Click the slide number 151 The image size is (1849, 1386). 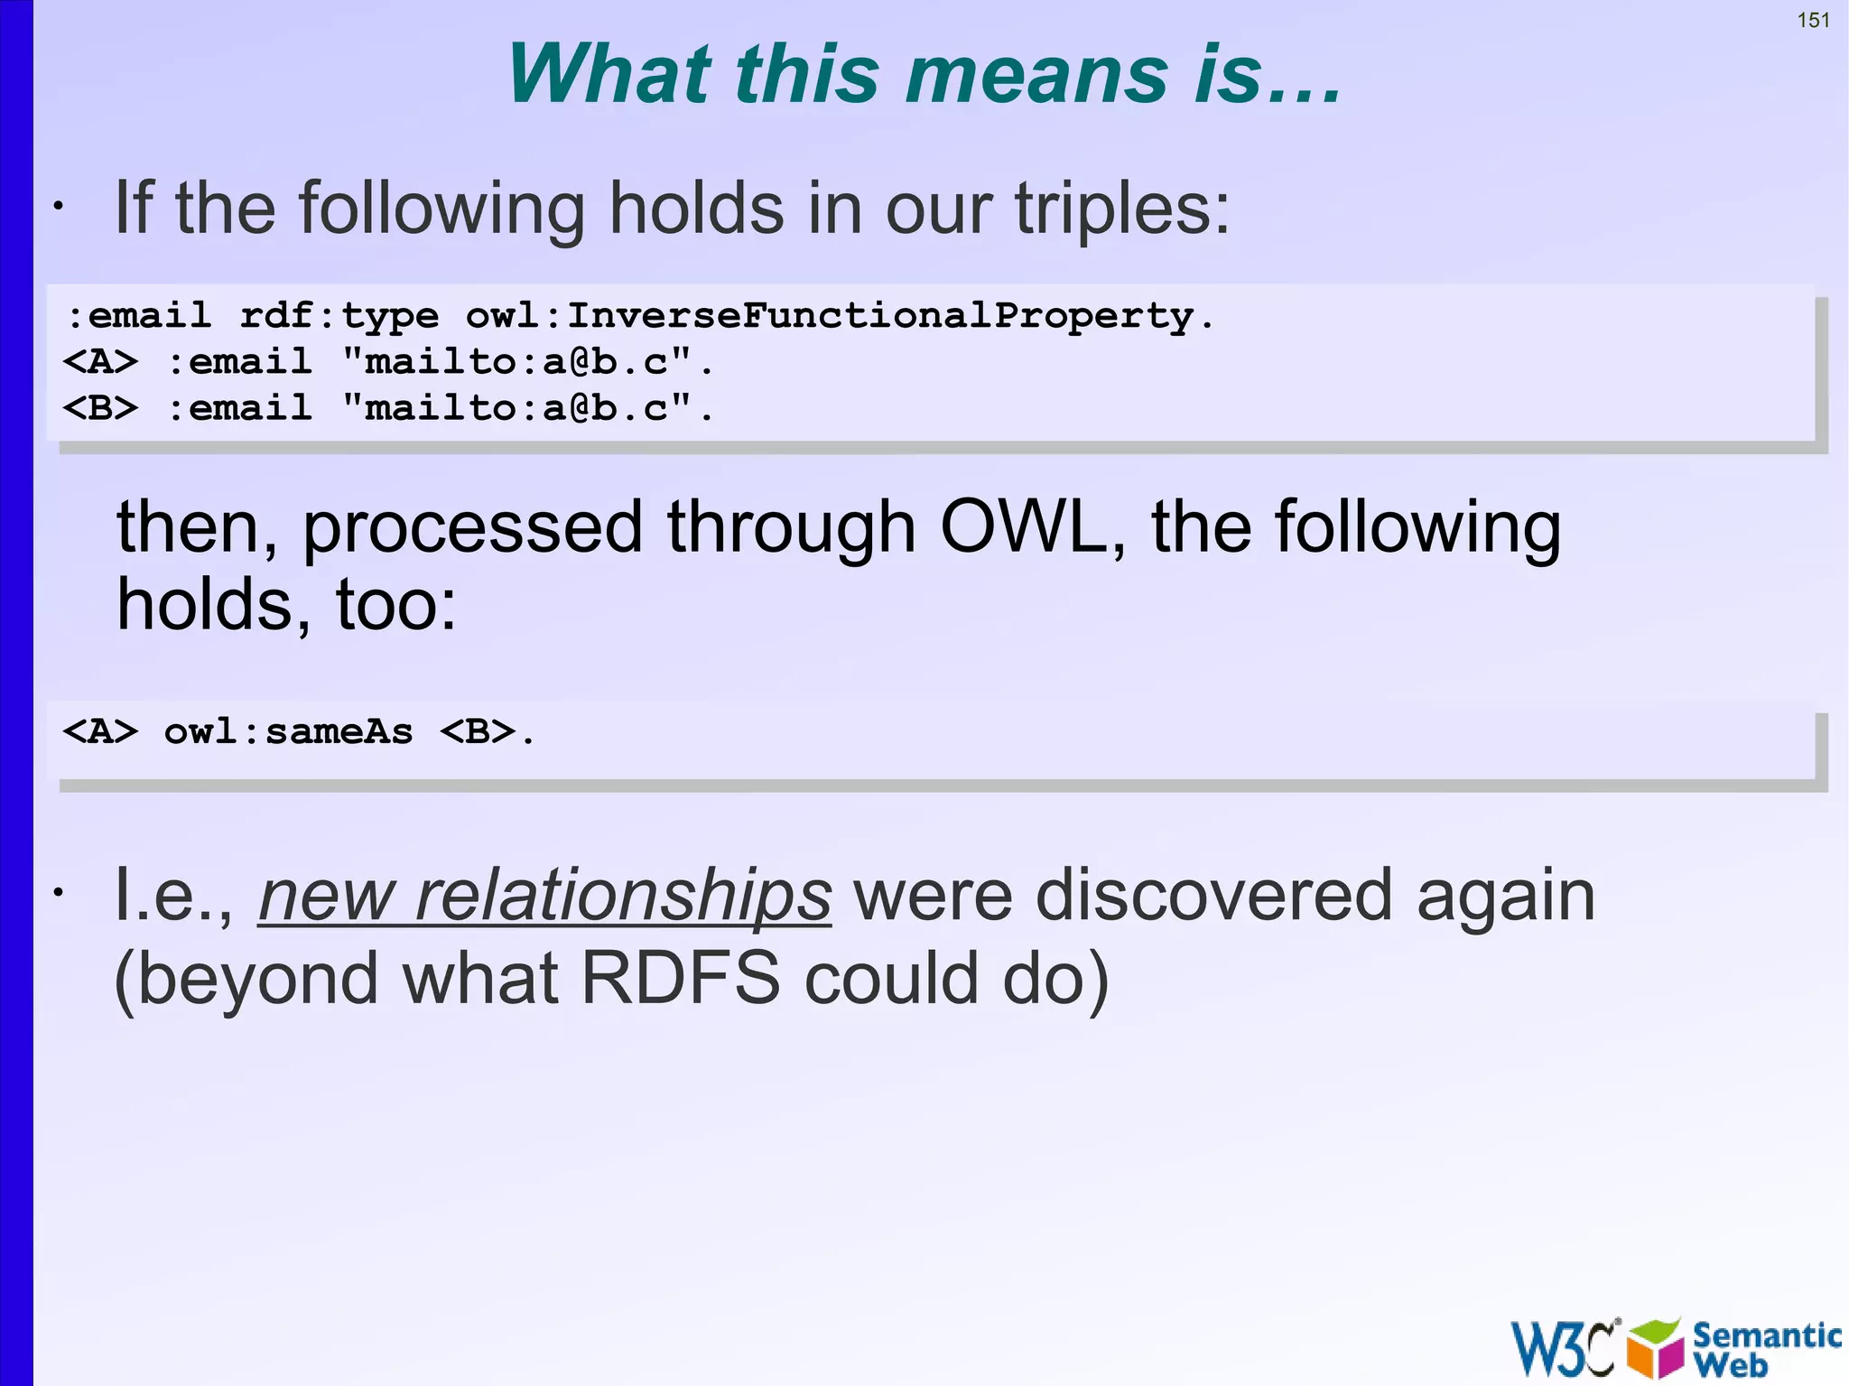[x=1813, y=20]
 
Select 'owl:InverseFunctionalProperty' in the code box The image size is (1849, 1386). [x=840, y=316]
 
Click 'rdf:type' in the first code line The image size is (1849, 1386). [x=339, y=316]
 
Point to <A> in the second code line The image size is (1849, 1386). [x=100, y=362]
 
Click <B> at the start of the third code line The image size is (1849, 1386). [x=100, y=408]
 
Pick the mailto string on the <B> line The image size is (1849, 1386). [x=528, y=408]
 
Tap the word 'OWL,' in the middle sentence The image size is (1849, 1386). [x=1033, y=527]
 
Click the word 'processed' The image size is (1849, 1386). [x=472, y=529]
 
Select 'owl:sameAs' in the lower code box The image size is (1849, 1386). [x=288, y=731]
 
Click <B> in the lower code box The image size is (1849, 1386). [x=478, y=731]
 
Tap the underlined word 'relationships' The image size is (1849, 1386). [x=622, y=896]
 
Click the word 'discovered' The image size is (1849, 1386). [x=1213, y=896]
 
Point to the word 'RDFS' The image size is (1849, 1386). [x=680, y=979]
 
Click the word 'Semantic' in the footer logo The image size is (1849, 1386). [x=1766, y=1335]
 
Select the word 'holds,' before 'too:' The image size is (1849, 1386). [x=214, y=605]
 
